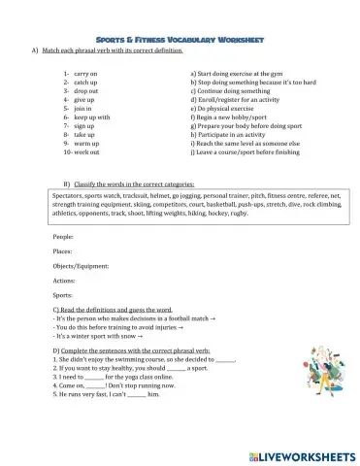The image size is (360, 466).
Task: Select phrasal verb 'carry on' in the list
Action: pyautogui.click(x=82, y=73)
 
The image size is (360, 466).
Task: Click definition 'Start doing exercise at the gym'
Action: pyautogui.click(x=242, y=73)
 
